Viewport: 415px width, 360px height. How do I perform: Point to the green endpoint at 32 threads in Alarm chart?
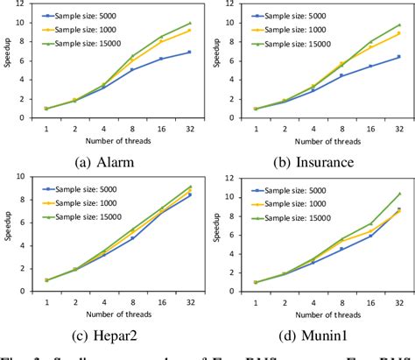point(189,24)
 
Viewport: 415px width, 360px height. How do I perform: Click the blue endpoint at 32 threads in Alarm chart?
point(189,52)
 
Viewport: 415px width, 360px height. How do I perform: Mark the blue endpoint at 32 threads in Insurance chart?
point(398,57)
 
